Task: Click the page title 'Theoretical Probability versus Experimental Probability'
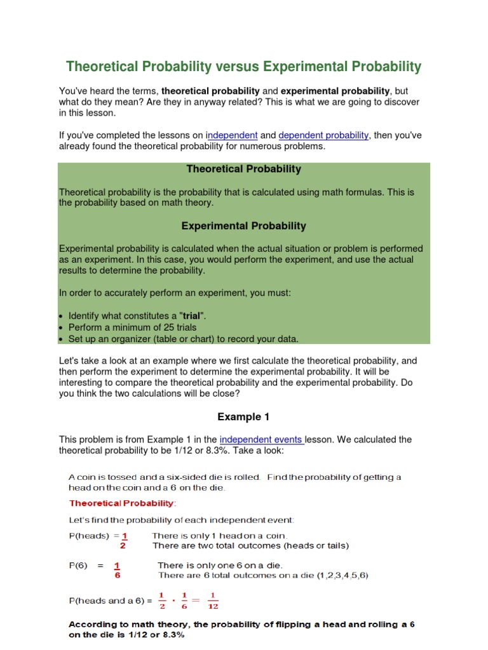[244, 67]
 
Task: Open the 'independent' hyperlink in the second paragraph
[233, 135]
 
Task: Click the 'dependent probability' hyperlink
[323, 135]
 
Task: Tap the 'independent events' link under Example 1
[261, 439]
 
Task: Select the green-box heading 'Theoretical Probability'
[243, 169]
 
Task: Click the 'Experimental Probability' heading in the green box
[243, 226]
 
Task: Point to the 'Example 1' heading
[243, 417]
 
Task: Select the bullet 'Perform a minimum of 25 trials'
[132, 328]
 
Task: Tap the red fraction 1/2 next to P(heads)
[125, 540]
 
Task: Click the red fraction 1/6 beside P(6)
[118, 571]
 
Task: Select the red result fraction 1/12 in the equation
[213, 600]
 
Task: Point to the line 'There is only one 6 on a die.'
[220, 565]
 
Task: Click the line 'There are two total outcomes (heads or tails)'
[250, 545]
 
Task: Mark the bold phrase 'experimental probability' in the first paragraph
[335, 91]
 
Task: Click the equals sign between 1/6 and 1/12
[195, 600]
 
